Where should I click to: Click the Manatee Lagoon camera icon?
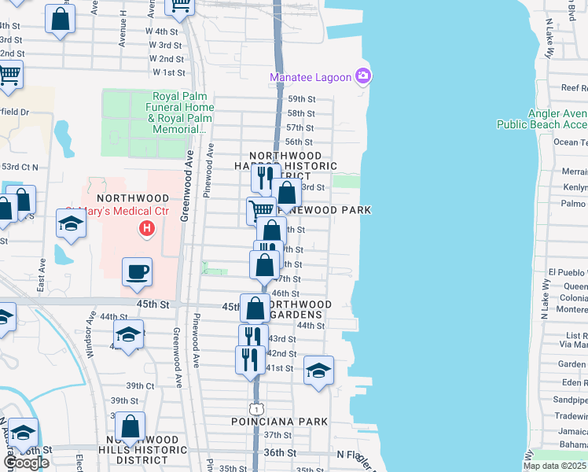(363, 76)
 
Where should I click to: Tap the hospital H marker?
(145, 229)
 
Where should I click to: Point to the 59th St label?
(300, 99)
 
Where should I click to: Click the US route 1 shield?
(255, 409)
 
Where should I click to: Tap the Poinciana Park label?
(279, 422)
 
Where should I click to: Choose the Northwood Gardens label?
(299, 309)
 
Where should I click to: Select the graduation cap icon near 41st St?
(318, 369)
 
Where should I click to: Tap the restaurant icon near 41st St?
(246, 359)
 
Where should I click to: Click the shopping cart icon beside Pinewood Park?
(261, 209)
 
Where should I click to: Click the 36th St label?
(284, 453)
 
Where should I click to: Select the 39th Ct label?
(140, 385)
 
